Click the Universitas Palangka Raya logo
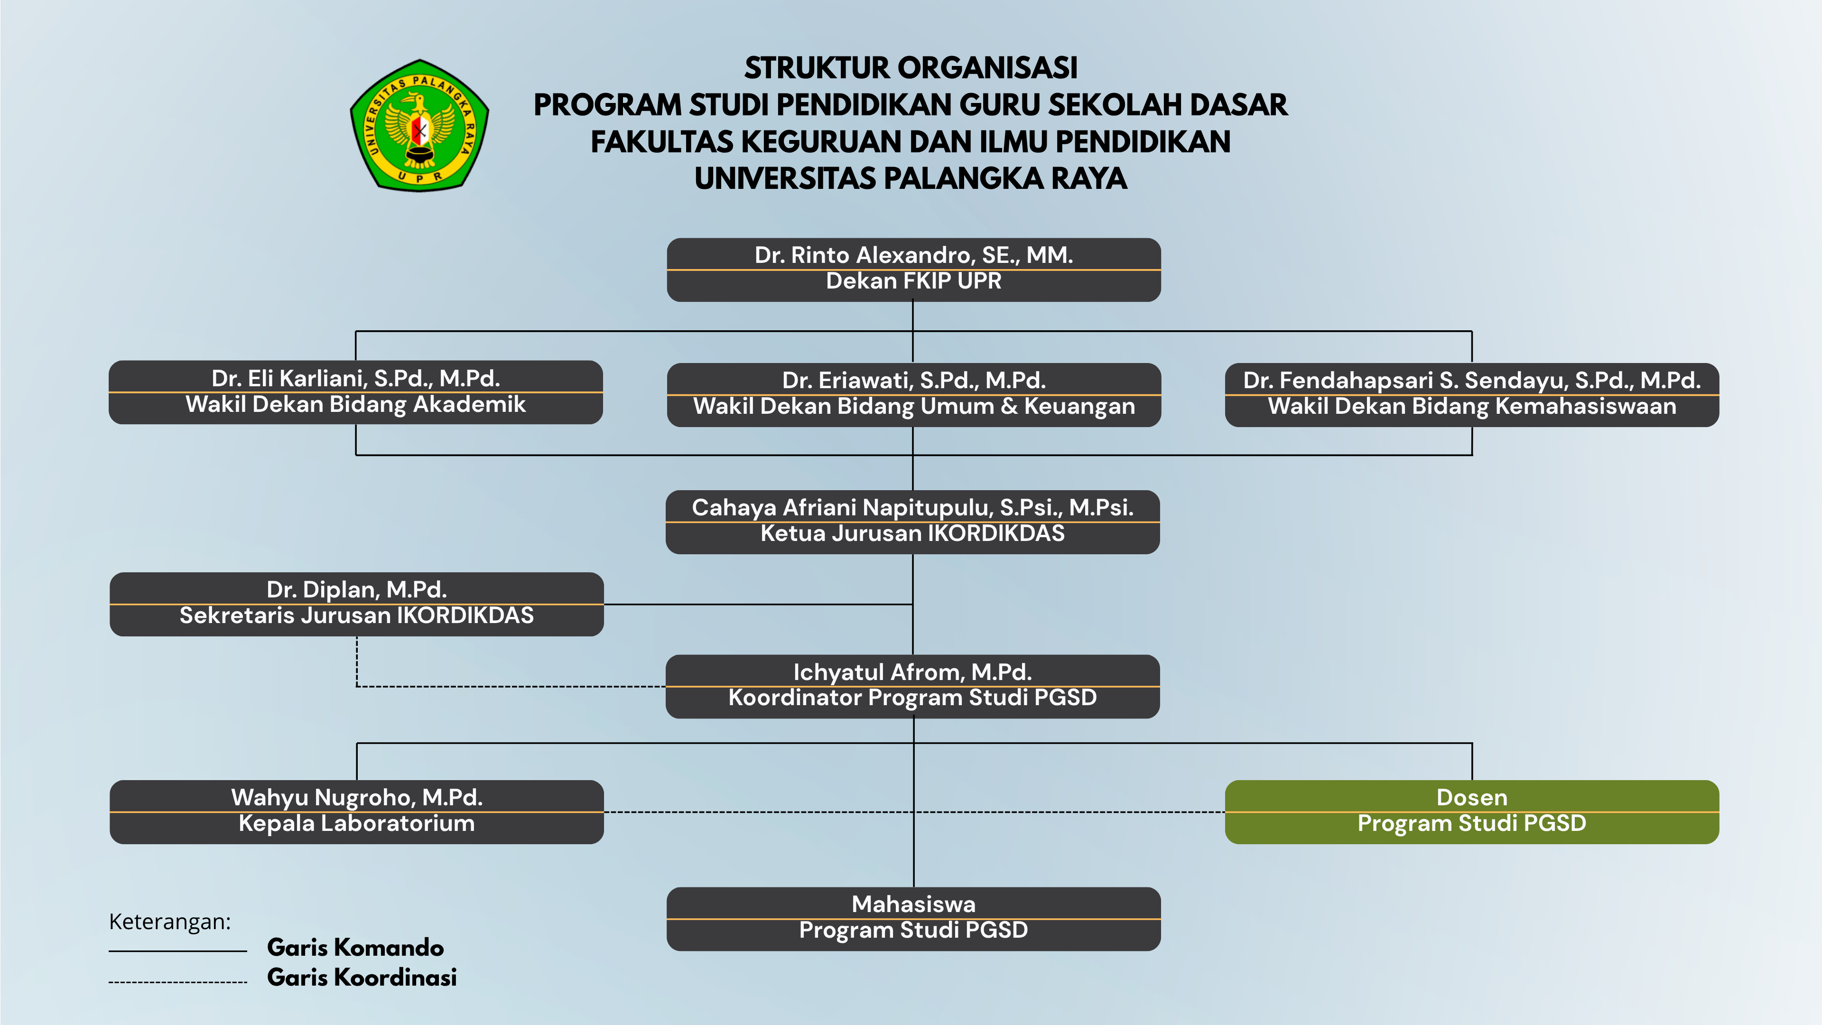[x=419, y=125]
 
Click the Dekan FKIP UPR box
[x=913, y=270]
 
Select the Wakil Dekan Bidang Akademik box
[x=356, y=392]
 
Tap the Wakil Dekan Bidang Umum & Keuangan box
[x=913, y=395]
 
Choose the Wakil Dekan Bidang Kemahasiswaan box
[x=1472, y=395]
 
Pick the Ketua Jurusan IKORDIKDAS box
[x=912, y=522]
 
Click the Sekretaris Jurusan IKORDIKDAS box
[x=356, y=604]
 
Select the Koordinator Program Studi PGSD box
[x=912, y=686]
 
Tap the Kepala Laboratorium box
[x=356, y=812]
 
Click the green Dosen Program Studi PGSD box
[x=1472, y=812]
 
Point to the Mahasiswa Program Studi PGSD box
[x=913, y=919]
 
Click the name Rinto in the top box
[x=820, y=255]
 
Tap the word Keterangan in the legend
[x=170, y=922]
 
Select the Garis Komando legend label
[x=355, y=947]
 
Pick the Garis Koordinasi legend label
[x=362, y=977]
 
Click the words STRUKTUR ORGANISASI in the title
[x=911, y=68]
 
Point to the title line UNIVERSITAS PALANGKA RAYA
[x=911, y=178]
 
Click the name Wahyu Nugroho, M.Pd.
[x=356, y=797]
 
